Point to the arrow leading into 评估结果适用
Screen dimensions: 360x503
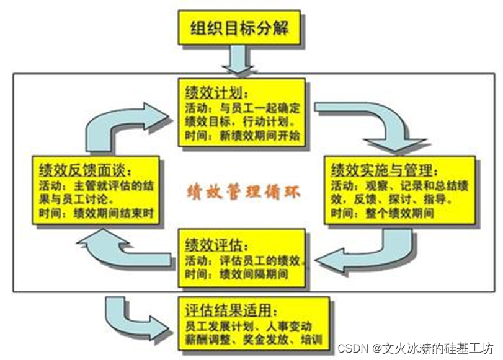[133, 316]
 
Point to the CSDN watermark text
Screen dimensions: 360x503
[415, 346]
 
